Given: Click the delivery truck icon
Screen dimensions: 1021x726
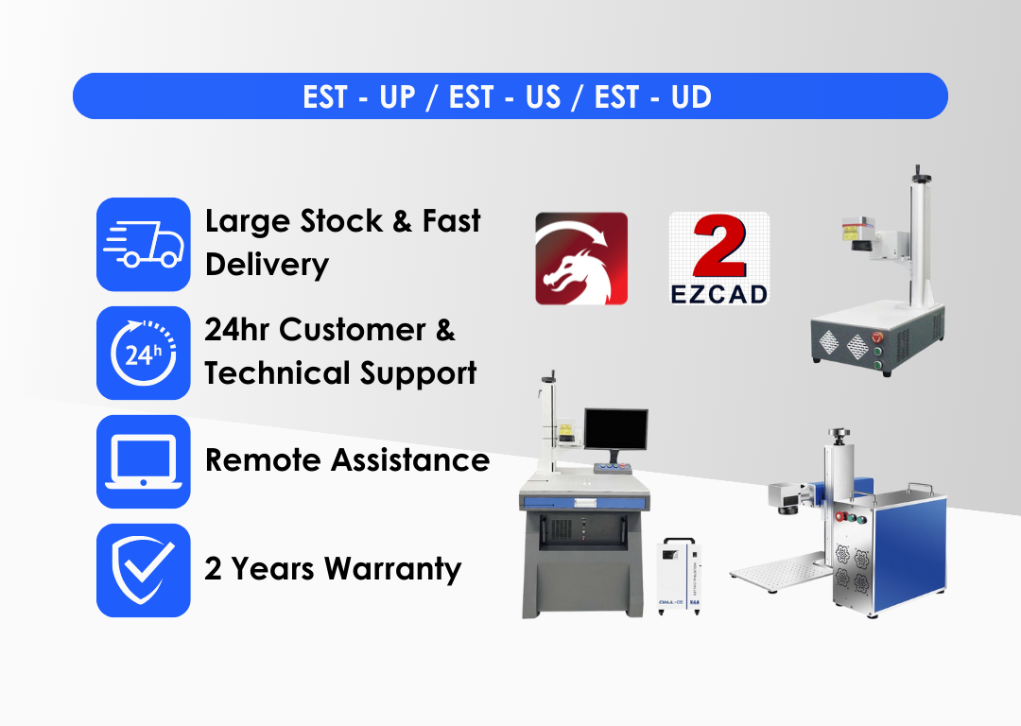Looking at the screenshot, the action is [144, 244].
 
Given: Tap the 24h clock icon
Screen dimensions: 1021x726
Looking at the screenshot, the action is [144, 353].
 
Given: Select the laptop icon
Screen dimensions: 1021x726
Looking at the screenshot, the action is [144, 461].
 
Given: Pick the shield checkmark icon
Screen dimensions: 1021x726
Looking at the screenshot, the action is [144, 570].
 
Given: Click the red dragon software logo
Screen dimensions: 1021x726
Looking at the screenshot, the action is [581, 258].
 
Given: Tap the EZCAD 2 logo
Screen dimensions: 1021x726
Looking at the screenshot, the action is [719, 258].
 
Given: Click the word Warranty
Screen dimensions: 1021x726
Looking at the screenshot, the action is [392, 569].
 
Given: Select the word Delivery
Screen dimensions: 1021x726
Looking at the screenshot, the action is [267, 265].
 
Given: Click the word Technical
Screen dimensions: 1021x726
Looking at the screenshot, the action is [277, 373].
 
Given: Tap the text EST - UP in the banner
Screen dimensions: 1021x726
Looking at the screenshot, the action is [359, 97].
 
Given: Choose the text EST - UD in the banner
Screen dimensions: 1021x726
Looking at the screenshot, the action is [653, 97].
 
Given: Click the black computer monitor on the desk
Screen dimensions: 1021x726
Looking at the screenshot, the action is [616, 429].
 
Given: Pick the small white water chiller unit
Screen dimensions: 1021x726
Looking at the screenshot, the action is [679, 576].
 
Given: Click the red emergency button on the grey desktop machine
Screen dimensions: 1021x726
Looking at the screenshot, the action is [877, 337].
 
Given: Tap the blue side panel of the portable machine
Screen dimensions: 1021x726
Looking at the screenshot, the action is [910, 554].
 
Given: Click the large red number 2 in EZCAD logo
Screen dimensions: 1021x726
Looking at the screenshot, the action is [719, 247].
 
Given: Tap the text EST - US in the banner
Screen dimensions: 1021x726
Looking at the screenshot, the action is [505, 97].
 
